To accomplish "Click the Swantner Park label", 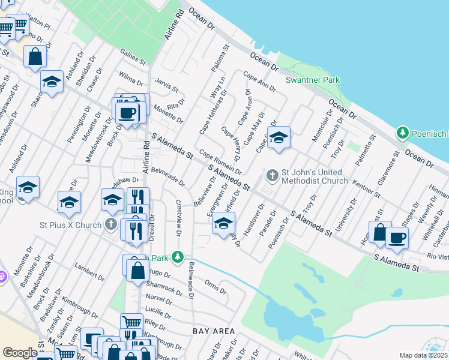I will click(x=312, y=80).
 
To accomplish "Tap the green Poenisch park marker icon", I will click(x=403, y=132).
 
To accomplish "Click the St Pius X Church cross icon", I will click(x=110, y=225).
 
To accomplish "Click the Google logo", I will click(x=20, y=353).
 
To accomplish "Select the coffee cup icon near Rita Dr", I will click(x=127, y=112).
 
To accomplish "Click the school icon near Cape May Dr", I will click(x=278, y=139).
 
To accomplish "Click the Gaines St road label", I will click(x=133, y=57).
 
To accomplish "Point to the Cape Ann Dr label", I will click(x=259, y=80).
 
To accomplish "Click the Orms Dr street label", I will click(x=215, y=287).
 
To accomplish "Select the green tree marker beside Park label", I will click(x=177, y=257).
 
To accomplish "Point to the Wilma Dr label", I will click(x=131, y=79).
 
